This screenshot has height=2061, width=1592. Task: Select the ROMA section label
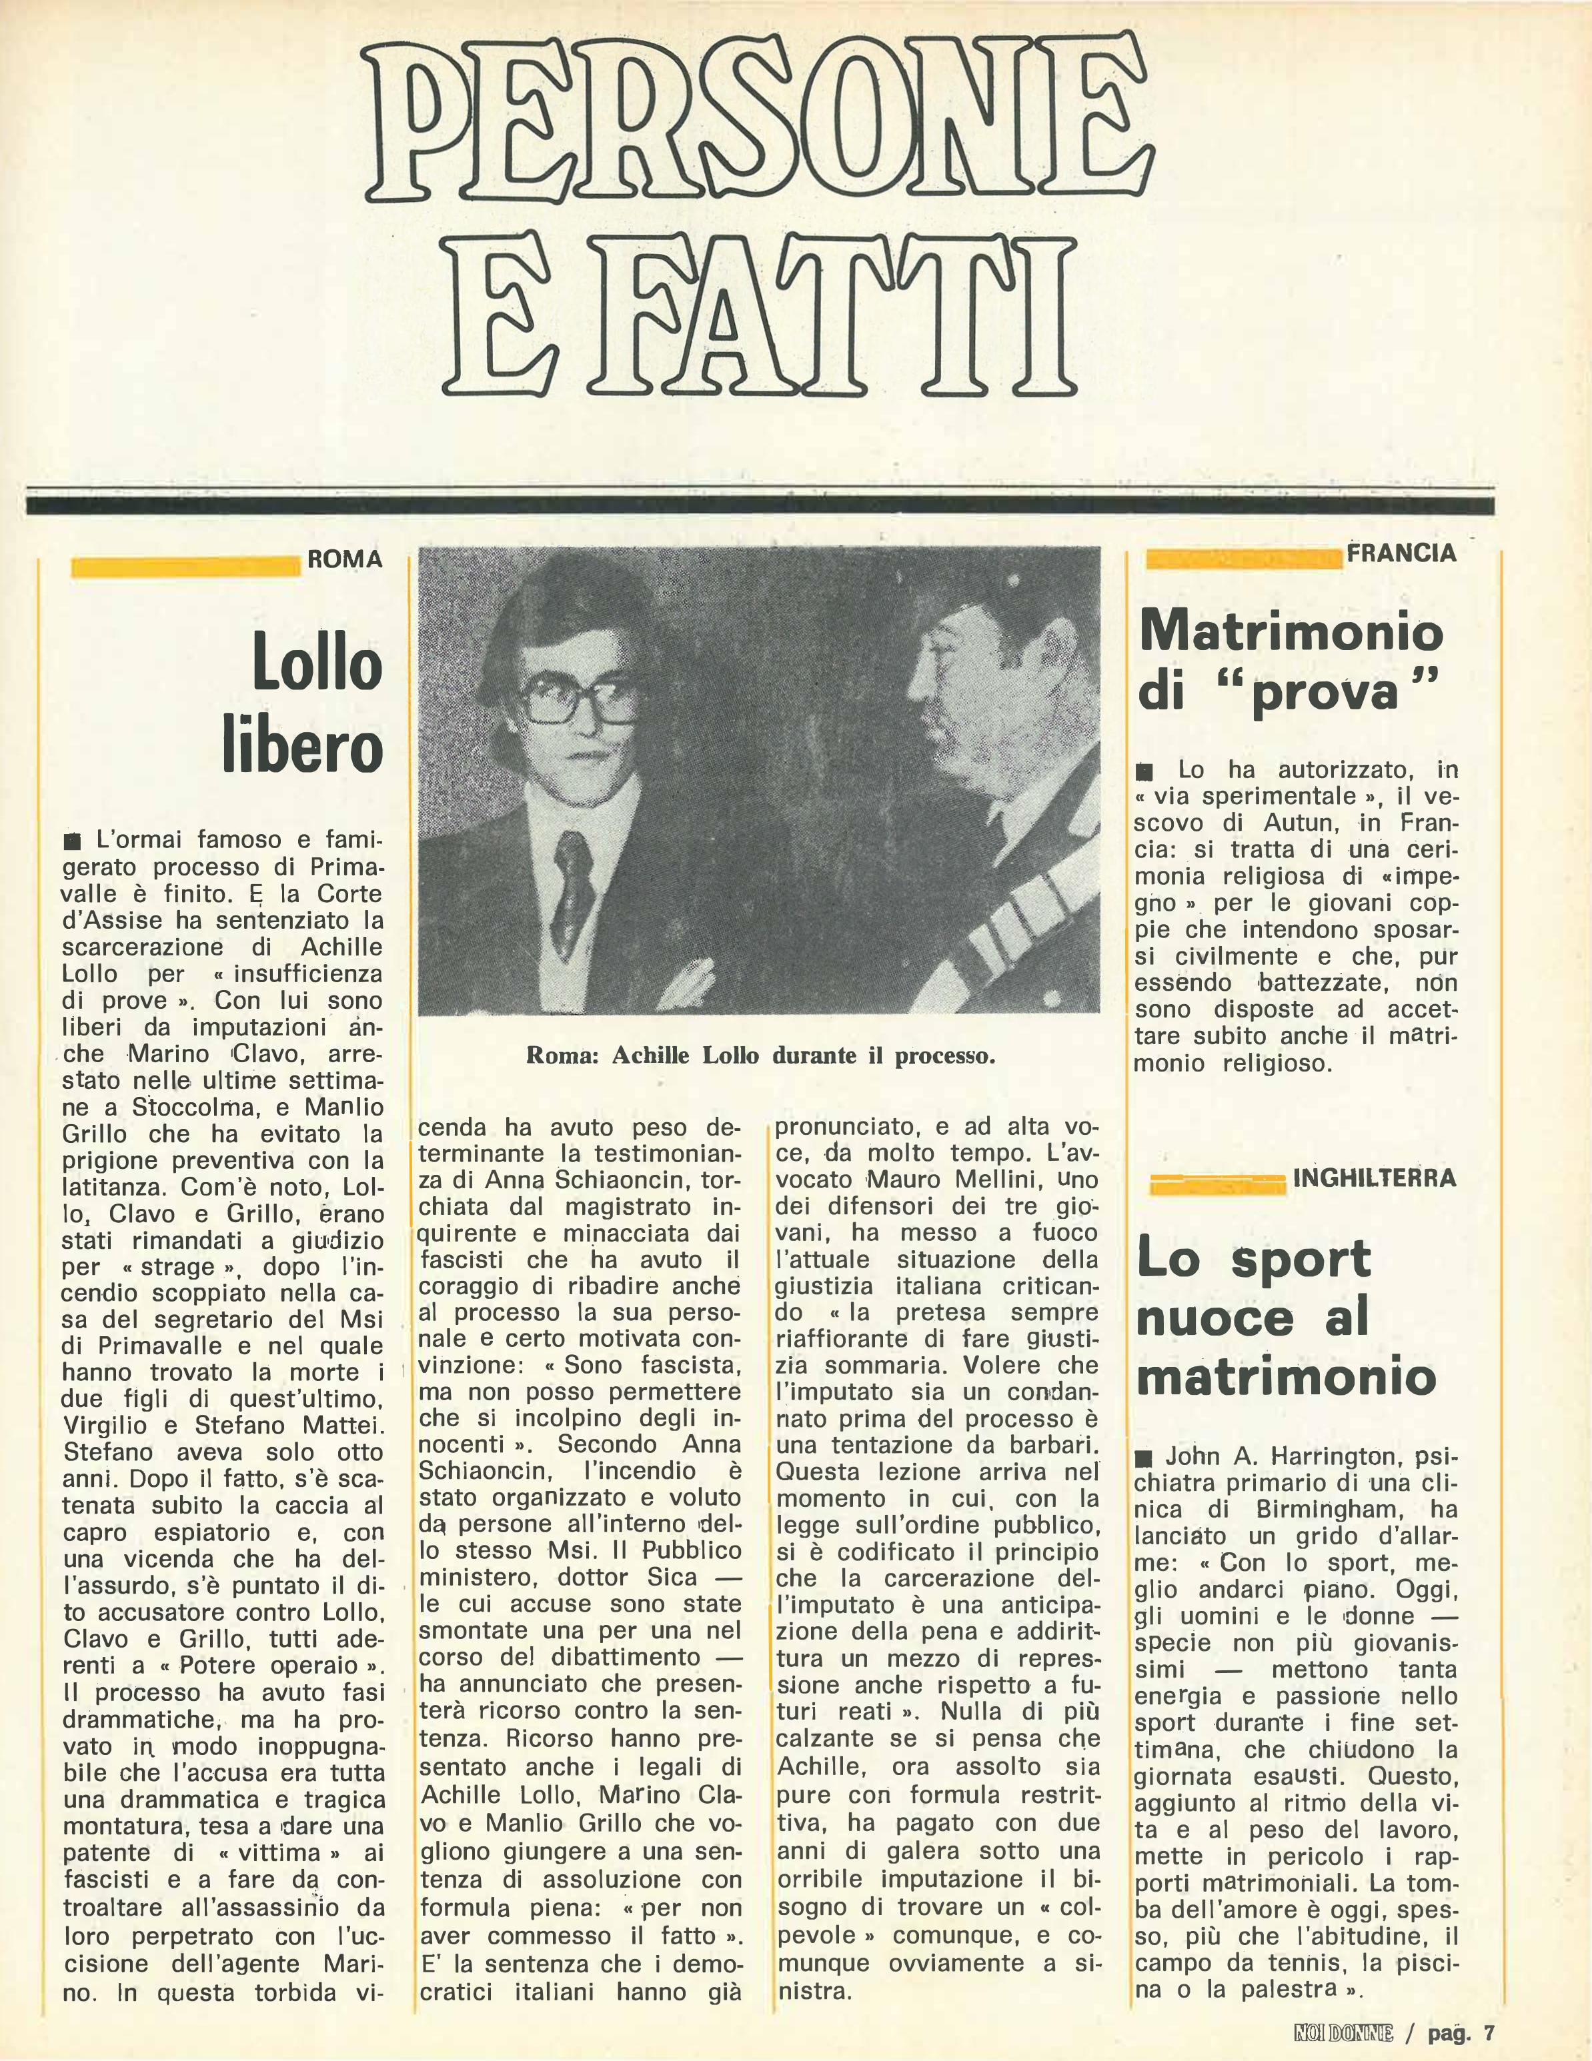pos(344,559)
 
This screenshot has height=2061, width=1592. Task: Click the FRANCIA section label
pos(1401,554)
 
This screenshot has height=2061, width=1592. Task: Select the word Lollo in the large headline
pos(316,663)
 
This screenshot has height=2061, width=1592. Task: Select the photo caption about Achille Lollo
pos(760,1056)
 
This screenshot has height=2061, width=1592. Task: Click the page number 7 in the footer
pos(1487,2026)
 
